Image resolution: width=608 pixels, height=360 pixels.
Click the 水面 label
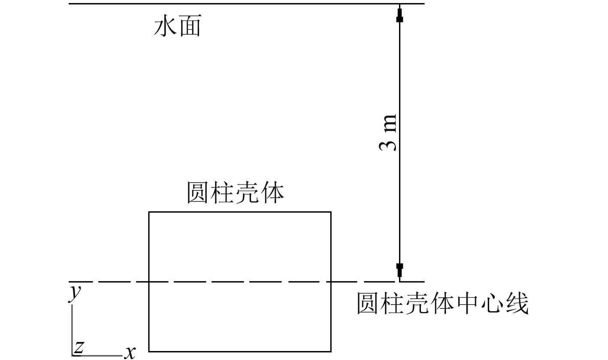(x=177, y=27)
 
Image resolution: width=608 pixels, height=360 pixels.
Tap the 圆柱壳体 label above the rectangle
(x=236, y=193)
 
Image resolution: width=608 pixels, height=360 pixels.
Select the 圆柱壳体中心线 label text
(x=442, y=304)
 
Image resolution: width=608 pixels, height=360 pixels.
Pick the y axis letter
(x=76, y=293)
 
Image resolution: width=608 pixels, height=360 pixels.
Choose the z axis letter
(x=79, y=347)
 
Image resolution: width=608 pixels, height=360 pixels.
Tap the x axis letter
(x=130, y=352)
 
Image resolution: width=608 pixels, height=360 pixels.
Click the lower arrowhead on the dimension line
(x=400, y=269)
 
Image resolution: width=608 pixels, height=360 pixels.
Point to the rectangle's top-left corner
(x=149, y=212)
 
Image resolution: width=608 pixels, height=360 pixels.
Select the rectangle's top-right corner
(x=331, y=212)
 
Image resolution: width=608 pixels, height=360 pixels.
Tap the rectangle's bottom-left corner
(x=149, y=351)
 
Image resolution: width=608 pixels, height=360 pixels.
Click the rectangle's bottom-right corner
(x=331, y=351)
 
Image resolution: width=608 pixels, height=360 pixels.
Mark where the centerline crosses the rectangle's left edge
(x=149, y=282)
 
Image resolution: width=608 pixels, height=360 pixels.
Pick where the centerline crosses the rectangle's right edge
(x=331, y=282)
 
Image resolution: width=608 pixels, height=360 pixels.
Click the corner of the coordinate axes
(x=72, y=355)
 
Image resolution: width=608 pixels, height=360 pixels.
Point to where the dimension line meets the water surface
(x=400, y=4)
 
